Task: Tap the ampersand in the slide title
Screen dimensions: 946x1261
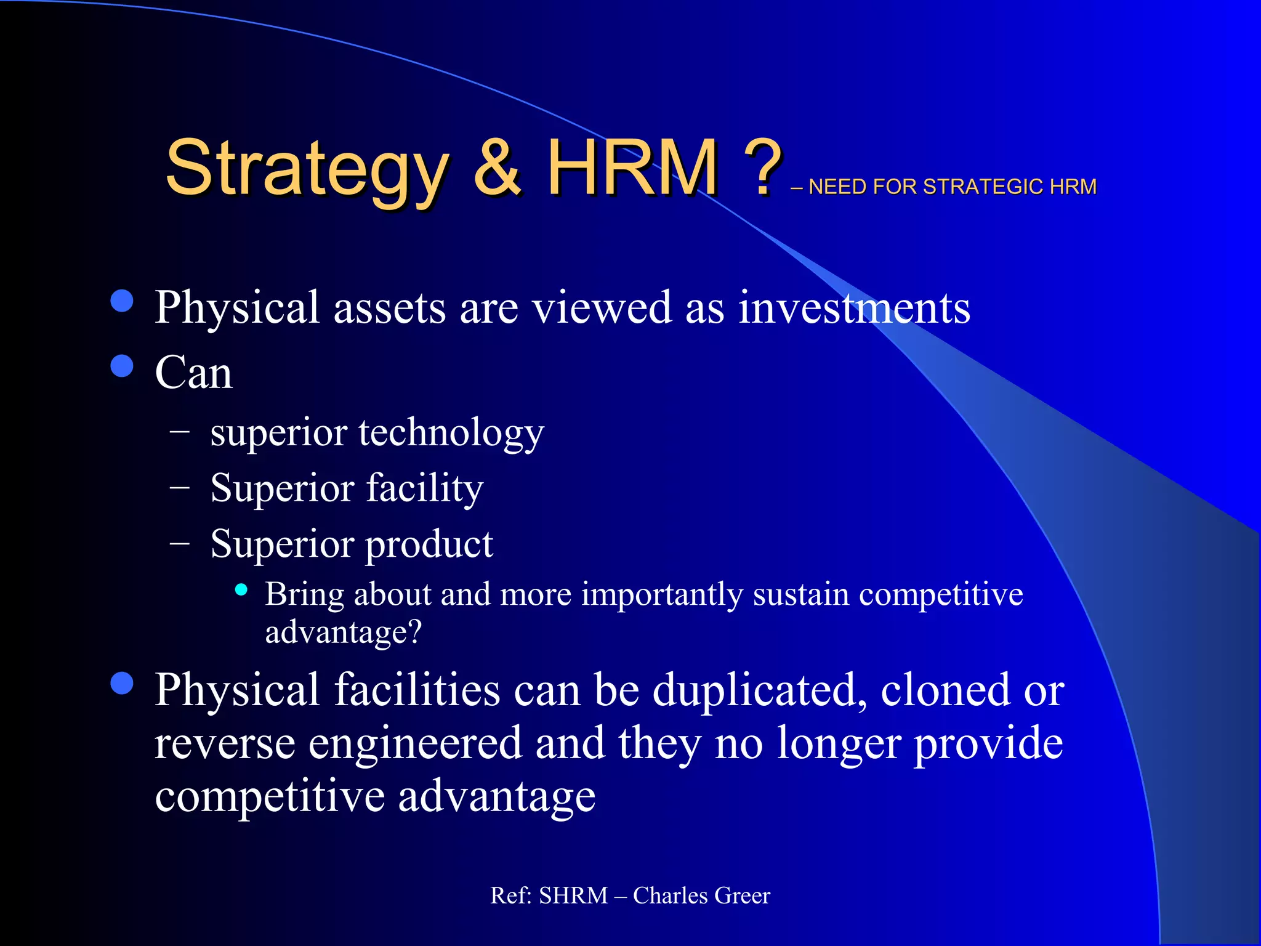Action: (498, 168)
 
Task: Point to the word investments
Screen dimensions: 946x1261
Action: (854, 307)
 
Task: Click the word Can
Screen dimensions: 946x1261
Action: (193, 373)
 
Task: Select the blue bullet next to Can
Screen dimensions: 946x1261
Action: (122, 366)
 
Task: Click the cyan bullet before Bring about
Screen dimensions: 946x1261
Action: (241, 590)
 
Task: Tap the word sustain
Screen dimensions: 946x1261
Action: (800, 595)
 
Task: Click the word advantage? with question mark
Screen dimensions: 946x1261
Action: (344, 633)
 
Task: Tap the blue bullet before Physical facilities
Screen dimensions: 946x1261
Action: (122, 683)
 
